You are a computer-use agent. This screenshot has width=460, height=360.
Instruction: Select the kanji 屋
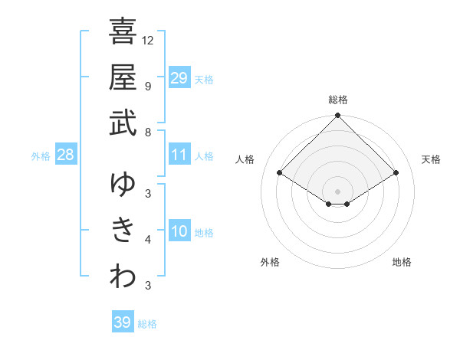(x=123, y=77)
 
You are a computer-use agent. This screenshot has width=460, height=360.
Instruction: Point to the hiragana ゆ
(x=123, y=185)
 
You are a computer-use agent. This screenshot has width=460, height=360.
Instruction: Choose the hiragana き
(x=123, y=231)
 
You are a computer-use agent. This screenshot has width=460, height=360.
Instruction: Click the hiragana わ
(x=123, y=277)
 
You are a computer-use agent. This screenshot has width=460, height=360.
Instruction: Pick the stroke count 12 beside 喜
(x=148, y=40)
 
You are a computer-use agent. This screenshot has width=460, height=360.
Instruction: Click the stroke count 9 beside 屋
(x=148, y=86)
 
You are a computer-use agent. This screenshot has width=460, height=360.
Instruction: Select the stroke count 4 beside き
(x=148, y=240)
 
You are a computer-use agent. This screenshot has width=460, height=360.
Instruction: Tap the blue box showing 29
(x=179, y=78)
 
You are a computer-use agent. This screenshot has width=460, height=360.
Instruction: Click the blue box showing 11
(x=179, y=155)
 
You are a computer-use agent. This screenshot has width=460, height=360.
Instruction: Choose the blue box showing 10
(x=179, y=231)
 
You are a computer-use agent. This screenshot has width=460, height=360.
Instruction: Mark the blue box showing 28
(x=66, y=155)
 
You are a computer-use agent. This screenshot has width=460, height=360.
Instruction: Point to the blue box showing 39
(x=123, y=322)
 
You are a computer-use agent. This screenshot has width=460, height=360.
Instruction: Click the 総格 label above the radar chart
(x=338, y=100)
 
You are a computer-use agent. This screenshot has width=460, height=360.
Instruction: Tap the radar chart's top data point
(x=338, y=116)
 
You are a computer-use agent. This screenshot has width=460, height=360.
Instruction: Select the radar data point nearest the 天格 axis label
(x=396, y=174)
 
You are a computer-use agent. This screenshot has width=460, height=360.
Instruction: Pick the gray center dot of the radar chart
(x=338, y=191)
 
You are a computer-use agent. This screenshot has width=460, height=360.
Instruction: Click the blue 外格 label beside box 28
(x=41, y=156)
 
